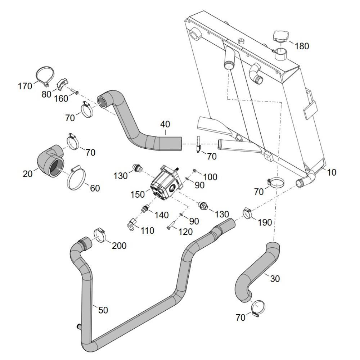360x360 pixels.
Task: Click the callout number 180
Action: click(x=302, y=46)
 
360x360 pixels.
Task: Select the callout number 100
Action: click(x=210, y=176)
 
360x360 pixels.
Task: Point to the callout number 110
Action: click(x=147, y=230)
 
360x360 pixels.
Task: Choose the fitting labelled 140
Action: click(x=145, y=208)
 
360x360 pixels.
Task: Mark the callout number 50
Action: click(x=103, y=310)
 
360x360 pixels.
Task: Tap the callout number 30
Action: click(x=274, y=279)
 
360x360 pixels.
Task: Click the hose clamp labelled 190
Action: click(x=248, y=213)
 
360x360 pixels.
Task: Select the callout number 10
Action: click(x=332, y=172)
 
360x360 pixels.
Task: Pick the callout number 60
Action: click(x=95, y=188)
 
